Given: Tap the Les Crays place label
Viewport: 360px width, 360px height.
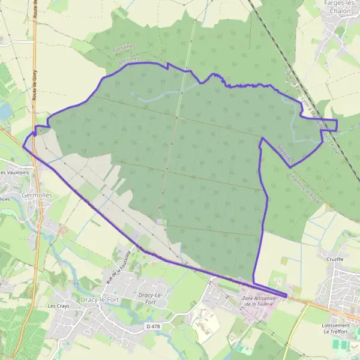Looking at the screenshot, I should tap(59, 306).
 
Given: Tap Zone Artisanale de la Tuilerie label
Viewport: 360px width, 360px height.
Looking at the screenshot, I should tap(258, 302).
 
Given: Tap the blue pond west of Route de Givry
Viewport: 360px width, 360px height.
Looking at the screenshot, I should tap(5, 110).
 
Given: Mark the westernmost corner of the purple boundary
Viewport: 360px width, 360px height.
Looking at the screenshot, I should tap(23, 146).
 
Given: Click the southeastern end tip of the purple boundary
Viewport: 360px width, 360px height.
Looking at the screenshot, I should tap(286, 295).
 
